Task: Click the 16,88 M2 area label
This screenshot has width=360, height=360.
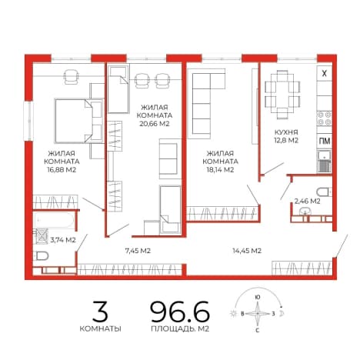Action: point(62,170)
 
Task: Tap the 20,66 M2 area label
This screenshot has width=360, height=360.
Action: point(155,124)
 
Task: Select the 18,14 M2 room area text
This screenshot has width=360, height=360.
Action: point(220,170)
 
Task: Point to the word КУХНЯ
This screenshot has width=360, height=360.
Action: point(286,132)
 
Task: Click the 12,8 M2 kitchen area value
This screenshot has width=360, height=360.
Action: point(286,141)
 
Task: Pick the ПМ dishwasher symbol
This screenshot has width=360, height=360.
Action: point(325,141)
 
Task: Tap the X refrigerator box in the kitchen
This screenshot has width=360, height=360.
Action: point(325,74)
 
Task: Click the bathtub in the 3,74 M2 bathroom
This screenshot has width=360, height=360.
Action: point(55,220)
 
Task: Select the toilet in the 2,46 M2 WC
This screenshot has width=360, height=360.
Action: point(324,192)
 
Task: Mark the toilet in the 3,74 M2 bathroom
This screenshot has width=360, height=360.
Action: point(42,255)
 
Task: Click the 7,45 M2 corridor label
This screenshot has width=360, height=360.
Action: point(138,251)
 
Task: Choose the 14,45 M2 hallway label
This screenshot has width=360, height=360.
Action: point(247,251)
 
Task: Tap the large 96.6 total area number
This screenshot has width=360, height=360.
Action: point(180,312)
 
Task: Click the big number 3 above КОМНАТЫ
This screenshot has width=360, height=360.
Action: point(100,312)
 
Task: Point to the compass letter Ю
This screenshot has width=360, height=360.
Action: point(258,298)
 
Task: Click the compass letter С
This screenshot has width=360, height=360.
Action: point(258,331)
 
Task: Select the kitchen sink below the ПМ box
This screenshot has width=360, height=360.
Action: point(325,162)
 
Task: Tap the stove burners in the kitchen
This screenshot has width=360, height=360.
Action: point(325,118)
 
